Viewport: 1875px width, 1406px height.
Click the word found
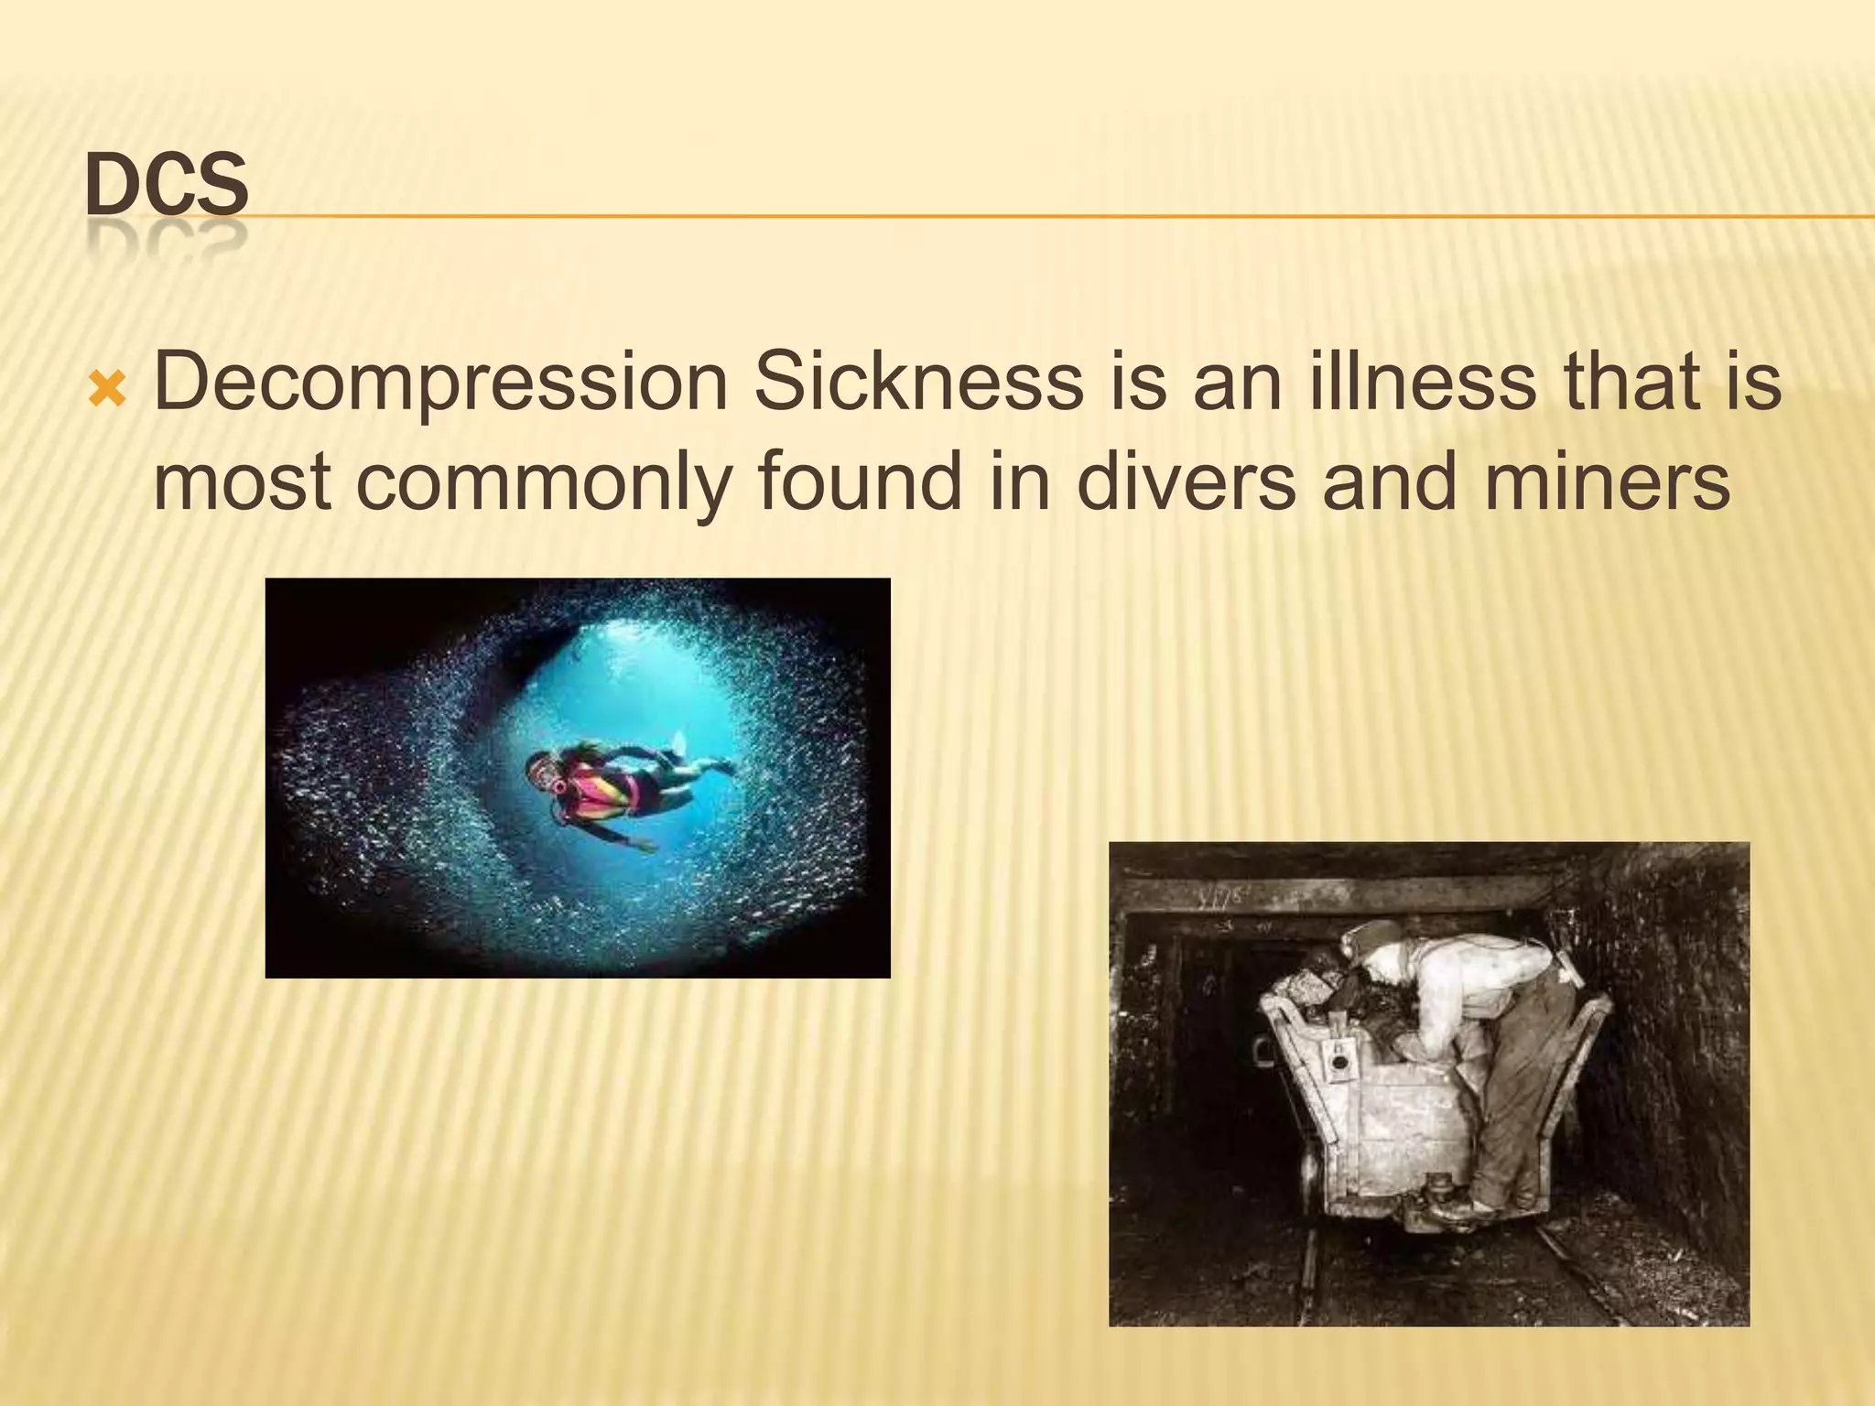[x=860, y=482]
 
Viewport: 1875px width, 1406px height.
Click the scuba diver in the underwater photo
[x=623, y=783]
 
